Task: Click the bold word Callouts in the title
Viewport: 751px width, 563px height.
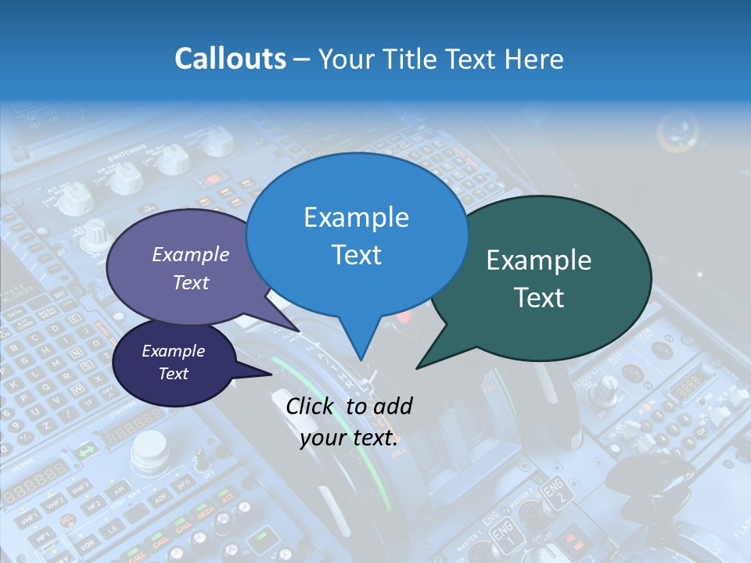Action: [x=230, y=59]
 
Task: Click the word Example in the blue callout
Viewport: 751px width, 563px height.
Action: [x=356, y=217]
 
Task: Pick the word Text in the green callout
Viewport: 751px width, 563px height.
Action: [x=540, y=298]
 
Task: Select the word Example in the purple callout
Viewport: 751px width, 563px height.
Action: [x=190, y=255]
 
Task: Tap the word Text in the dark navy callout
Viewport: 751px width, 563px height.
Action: [x=173, y=374]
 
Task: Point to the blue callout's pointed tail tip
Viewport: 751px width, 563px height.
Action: [x=361, y=360]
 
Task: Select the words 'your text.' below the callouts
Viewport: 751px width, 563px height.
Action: [x=349, y=438]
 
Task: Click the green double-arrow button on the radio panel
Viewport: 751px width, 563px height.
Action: [x=84, y=451]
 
